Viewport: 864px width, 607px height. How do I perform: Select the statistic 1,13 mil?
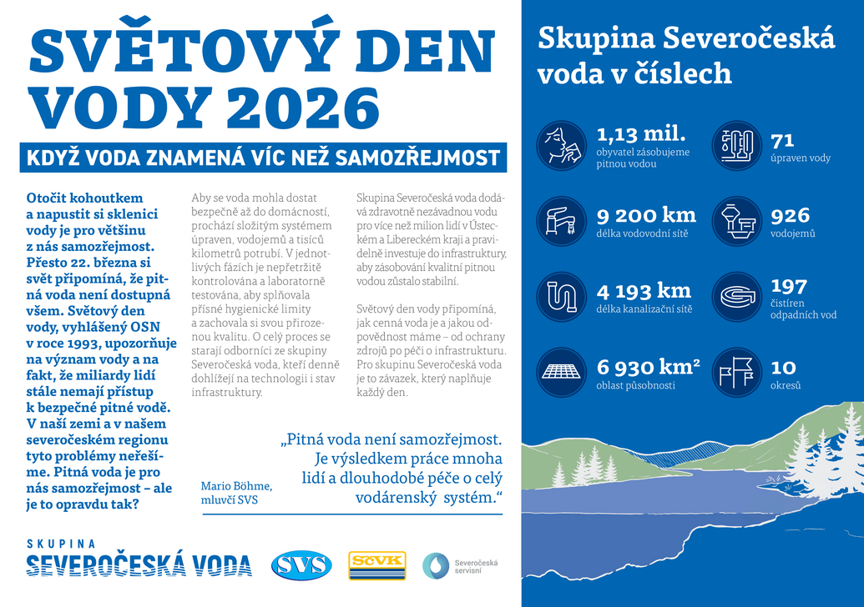pos(641,133)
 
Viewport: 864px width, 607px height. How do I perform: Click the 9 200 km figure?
pos(646,215)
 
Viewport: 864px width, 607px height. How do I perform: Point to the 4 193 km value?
pos(644,291)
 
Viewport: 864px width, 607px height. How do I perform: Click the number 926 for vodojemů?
pos(790,216)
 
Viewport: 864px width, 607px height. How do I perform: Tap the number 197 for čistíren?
pos(789,285)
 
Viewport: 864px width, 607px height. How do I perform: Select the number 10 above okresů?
pos(783,367)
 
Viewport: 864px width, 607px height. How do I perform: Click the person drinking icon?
pos(561,145)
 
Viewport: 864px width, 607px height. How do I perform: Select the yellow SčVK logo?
pos(377,564)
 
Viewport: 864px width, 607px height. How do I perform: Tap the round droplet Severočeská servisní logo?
pos(435,565)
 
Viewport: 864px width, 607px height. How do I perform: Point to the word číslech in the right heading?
pos(685,73)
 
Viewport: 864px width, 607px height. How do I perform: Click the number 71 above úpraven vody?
pos(782,140)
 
